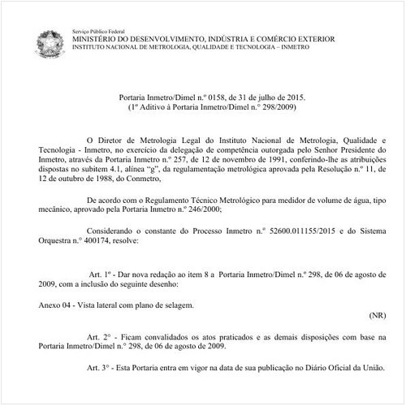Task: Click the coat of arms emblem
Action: tap(50, 43)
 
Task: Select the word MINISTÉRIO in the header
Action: tap(101, 37)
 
